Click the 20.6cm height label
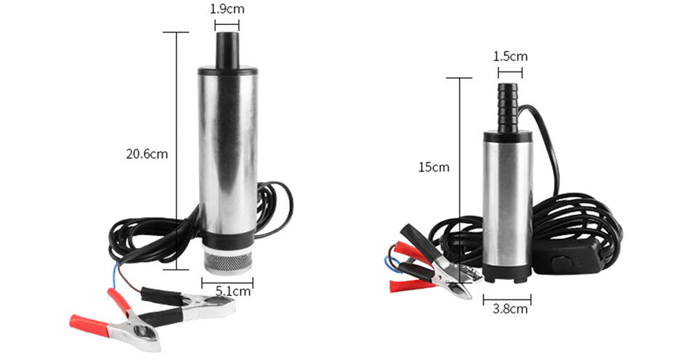147,154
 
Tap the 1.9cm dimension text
227,9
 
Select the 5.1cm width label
233,291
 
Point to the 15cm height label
434,167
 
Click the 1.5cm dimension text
511,56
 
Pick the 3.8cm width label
510,309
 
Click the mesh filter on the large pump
228,261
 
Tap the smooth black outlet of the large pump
227,50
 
